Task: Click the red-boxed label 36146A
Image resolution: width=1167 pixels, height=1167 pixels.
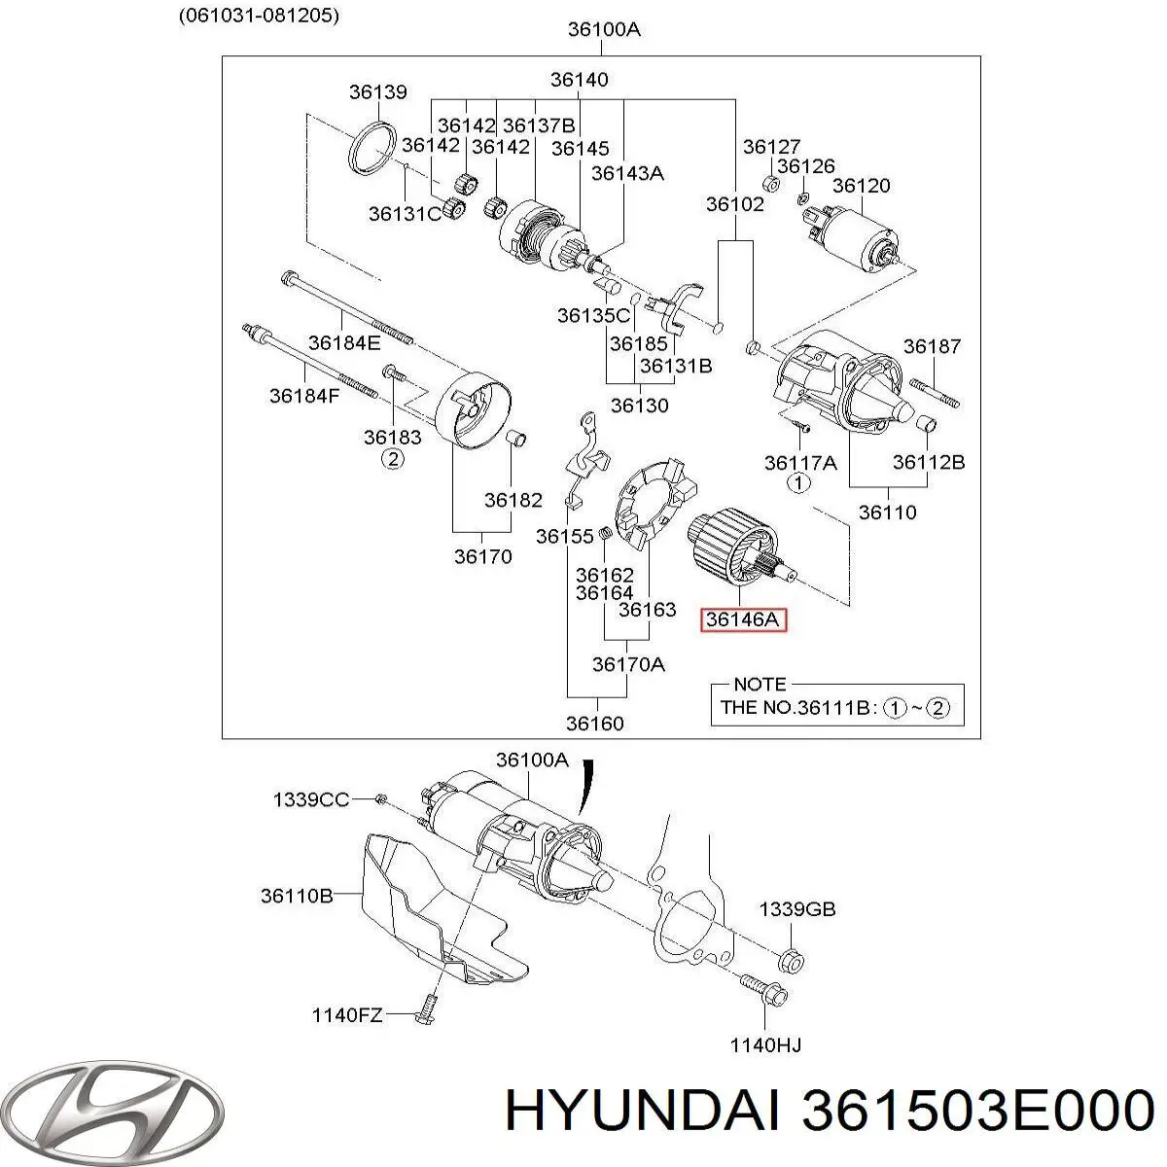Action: click(744, 619)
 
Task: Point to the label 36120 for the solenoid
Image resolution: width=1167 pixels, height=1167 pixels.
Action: click(861, 185)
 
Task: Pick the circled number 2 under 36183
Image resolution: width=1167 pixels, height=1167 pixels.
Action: click(392, 459)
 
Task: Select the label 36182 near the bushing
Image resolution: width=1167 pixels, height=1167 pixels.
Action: click(513, 500)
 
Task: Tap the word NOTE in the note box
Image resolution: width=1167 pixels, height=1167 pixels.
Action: click(760, 684)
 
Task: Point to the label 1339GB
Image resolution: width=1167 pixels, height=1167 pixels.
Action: click(796, 909)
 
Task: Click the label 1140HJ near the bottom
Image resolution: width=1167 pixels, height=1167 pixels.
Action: click(765, 1045)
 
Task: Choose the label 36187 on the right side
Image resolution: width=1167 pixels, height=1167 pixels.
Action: click(931, 345)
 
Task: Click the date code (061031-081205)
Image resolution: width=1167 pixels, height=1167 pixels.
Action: click(260, 16)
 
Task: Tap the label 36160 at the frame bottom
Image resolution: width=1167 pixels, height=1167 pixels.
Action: click(595, 723)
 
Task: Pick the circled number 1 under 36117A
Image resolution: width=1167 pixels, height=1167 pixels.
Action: click(796, 482)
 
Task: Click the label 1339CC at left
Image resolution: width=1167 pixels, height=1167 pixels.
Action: click(309, 799)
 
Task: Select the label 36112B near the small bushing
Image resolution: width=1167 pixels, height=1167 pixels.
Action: click(929, 463)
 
